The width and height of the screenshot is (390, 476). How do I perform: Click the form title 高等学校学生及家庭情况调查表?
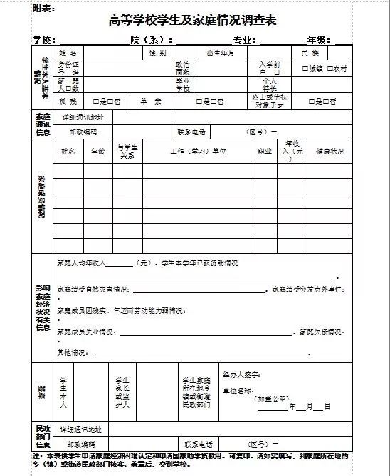click(x=193, y=21)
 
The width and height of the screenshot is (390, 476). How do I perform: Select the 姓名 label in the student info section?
click(x=68, y=53)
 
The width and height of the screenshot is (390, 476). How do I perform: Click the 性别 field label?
click(x=157, y=53)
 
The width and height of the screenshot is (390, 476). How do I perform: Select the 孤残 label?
click(x=68, y=101)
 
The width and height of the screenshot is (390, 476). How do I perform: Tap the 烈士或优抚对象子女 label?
click(x=270, y=101)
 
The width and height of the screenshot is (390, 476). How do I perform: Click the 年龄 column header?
click(x=98, y=152)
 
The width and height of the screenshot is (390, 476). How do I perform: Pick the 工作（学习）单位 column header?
click(x=197, y=152)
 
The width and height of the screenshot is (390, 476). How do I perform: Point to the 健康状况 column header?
click(x=330, y=152)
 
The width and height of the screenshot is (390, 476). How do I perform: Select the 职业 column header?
click(x=265, y=152)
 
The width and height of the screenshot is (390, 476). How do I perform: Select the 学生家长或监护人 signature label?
click(x=122, y=391)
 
